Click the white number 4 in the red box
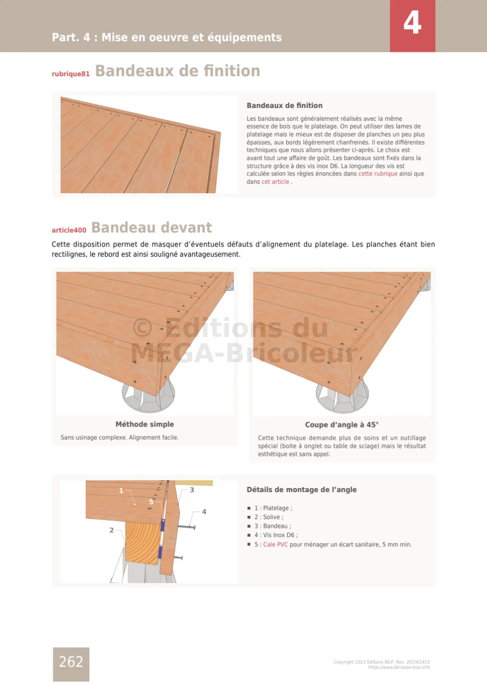click(x=412, y=23)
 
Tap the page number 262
click(x=71, y=662)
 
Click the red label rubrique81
click(x=70, y=74)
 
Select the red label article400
click(x=69, y=230)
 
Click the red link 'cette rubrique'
click(x=378, y=174)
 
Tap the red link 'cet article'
click(x=275, y=182)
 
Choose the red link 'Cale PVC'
click(x=275, y=544)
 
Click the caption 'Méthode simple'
click(x=145, y=424)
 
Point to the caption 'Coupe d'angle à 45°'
click(x=341, y=425)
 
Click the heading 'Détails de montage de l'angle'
click(x=302, y=489)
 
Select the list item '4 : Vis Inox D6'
click(x=276, y=535)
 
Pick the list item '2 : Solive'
click(x=269, y=517)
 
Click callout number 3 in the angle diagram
click(x=192, y=490)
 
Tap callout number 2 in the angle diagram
click(x=112, y=530)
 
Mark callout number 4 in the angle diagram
click(x=204, y=512)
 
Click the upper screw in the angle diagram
click(x=186, y=527)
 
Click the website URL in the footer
click(x=399, y=667)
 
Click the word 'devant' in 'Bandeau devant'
click(x=186, y=228)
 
